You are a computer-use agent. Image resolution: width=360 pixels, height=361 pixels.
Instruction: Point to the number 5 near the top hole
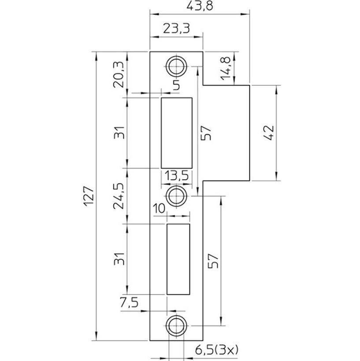[176, 85]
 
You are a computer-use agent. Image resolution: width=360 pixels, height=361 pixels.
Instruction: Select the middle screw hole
[176, 194]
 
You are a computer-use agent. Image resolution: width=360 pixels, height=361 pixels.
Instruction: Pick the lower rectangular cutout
[178, 258]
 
